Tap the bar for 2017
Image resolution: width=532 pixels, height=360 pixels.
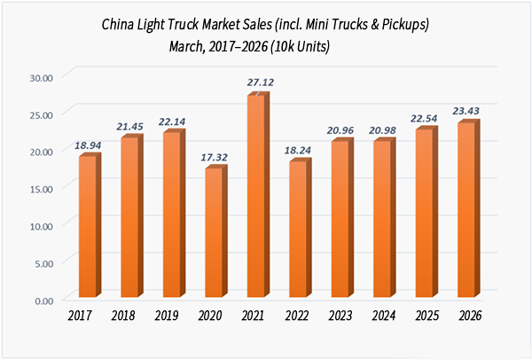[x=87, y=227]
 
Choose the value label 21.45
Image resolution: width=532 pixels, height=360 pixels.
[x=130, y=125]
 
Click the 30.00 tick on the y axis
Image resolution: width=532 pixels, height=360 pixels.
[x=41, y=77]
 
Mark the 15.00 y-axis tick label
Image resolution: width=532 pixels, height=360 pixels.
[x=41, y=189]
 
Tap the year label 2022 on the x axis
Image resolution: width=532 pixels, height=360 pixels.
[x=297, y=314]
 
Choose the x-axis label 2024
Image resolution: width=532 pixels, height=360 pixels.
[x=382, y=314]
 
